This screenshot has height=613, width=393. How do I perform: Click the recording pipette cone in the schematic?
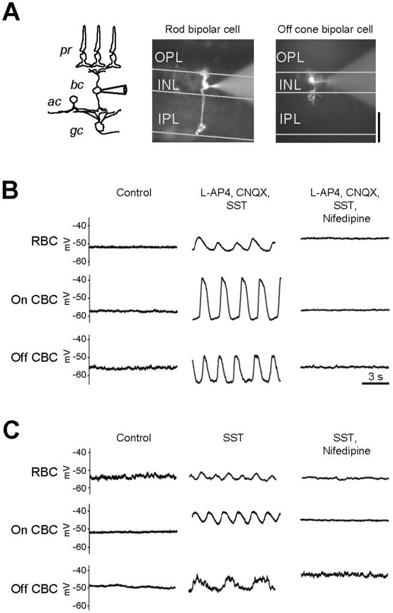click(115, 90)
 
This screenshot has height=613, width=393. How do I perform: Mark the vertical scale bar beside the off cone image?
click(379, 127)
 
